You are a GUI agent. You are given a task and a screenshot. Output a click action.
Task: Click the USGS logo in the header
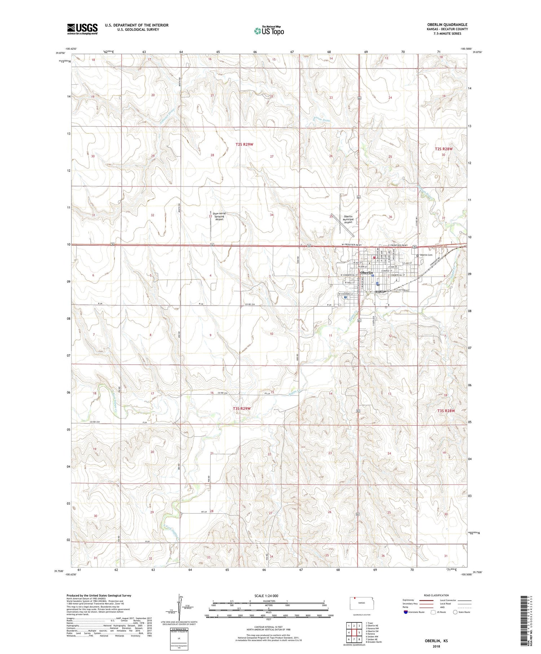[82, 29]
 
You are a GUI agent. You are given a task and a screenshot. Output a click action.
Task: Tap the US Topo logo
[269, 31]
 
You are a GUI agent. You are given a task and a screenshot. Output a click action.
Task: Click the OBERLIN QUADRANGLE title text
[447, 25]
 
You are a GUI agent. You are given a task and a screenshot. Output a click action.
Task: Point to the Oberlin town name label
[366, 273]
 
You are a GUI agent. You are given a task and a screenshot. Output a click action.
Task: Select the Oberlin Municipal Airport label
[348, 219]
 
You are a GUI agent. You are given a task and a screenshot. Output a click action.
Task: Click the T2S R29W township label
[244, 144]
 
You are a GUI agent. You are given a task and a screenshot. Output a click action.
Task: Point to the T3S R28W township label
[446, 411]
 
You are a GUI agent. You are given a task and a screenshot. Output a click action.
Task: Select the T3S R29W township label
[242, 408]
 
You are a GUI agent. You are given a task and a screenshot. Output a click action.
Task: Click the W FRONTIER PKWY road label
[352, 245]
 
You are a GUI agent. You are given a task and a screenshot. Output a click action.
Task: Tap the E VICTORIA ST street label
[403, 290]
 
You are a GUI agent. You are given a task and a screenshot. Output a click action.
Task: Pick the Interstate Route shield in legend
[405, 612]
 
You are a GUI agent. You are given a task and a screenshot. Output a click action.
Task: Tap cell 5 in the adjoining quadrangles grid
[359, 632]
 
